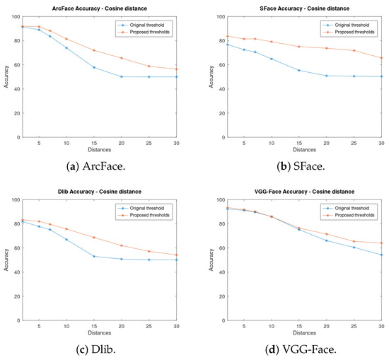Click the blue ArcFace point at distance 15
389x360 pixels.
(93, 67)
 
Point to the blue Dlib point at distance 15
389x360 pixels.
(93, 256)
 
